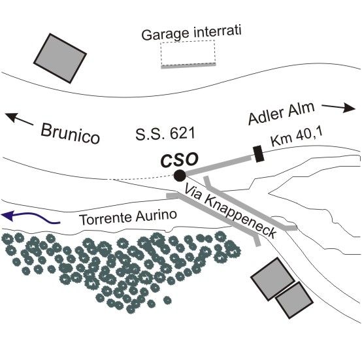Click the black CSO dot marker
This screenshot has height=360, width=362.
click(180, 176)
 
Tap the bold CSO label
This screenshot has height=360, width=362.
click(180, 160)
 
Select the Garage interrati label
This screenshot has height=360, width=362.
click(191, 33)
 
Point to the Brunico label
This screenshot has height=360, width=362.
click(70, 134)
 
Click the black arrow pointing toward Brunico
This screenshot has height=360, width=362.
click(19, 119)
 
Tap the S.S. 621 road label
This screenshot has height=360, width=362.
click(165, 134)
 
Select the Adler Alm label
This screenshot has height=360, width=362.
click(282, 114)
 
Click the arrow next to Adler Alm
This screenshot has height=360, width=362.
click(338, 107)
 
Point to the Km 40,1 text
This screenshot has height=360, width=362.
click(297, 137)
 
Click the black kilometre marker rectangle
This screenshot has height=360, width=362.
click(258, 154)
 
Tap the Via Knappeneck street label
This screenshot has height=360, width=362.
click(230, 212)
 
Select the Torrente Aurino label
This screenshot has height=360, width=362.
click(128, 217)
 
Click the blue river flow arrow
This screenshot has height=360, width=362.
click(31, 218)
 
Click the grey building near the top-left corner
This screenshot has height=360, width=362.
click(60, 58)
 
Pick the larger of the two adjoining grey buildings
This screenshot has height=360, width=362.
click(273, 279)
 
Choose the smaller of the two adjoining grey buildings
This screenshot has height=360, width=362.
click(295, 300)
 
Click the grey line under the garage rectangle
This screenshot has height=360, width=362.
click(188, 66)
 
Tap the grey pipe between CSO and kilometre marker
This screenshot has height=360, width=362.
click(218, 165)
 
